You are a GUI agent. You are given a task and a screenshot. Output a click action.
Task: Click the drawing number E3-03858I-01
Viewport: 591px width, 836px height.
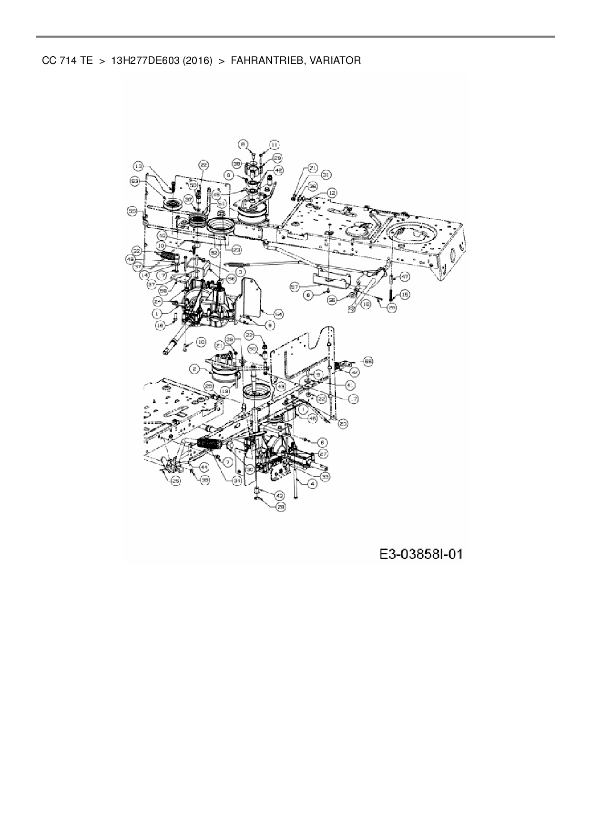(x=421, y=554)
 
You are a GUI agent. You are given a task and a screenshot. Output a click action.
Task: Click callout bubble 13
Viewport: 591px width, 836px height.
(x=138, y=166)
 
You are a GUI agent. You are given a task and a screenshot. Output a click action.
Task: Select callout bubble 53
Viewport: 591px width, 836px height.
(x=135, y=181)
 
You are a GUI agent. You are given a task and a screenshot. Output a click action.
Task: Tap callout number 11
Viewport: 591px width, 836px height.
(x=275, y=144)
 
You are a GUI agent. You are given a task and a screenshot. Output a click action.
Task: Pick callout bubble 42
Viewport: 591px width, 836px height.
(x=278, y=170)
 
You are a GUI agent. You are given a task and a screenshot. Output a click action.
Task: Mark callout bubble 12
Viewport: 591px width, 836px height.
(x=332, y=193)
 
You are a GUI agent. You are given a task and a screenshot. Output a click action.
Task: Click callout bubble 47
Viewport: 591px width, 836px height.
(x=404, y=276)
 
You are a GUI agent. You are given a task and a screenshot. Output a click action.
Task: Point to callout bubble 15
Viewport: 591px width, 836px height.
(x=405, y=295)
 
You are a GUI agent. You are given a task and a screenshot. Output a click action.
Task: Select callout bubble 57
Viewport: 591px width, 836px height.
(x=295, y=286)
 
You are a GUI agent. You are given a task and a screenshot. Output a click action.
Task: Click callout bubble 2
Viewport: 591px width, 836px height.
(x=194, y=368)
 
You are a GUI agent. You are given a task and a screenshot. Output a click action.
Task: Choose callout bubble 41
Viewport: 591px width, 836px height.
(x=350, y=384)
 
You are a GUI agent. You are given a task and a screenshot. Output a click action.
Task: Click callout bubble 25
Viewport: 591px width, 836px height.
(x=176, y=481)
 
